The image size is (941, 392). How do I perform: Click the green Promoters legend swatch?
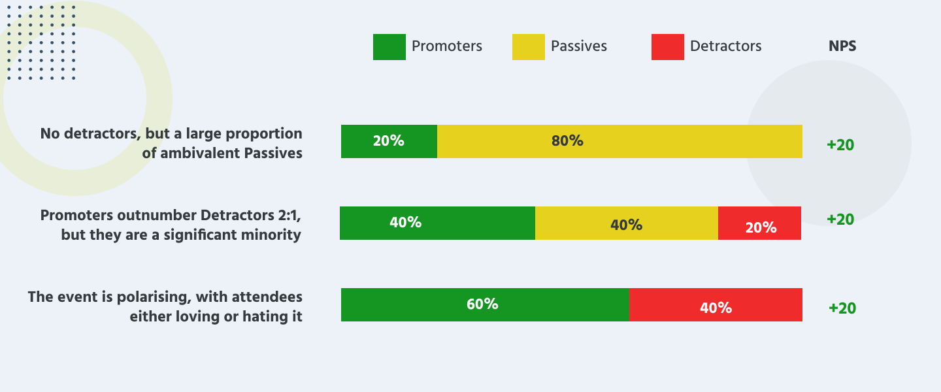[x=389, y=47]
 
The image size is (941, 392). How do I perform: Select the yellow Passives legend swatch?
[x=528, y=47]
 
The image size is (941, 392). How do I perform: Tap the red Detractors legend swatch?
[x=667, y=47]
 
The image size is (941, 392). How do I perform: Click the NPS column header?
[x=842, y=46]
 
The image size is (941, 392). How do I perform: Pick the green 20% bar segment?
[x=389, y=141]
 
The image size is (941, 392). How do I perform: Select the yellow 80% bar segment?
[x=619, y=141]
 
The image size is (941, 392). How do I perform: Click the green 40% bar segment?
[x=437, y=223]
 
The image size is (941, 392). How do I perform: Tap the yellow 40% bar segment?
[x=626, y=223]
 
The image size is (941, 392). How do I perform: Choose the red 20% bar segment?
[x=760, y=223]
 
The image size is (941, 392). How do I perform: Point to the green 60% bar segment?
[x=485, y=304]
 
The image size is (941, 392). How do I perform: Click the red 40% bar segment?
[x=716, y=305]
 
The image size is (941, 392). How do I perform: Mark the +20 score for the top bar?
[x=840, y=145]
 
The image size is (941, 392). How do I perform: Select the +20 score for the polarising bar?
[x=842, y=308]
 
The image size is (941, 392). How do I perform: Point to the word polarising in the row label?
[x=151, y=297]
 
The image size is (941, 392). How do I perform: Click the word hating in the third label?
[x=260, y=317]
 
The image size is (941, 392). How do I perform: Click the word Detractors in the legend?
[x=725, y=46]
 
